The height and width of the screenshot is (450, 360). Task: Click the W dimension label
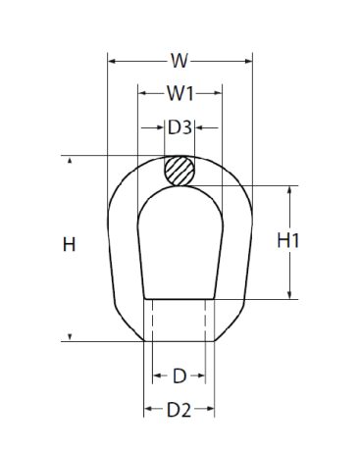180,61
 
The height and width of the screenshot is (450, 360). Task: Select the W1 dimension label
180,93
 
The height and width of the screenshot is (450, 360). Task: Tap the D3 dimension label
180,127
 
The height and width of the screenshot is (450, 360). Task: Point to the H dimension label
69,244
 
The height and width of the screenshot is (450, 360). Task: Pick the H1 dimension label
287,241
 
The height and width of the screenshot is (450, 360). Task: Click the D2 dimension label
179,410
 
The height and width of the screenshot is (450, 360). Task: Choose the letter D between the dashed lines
180,375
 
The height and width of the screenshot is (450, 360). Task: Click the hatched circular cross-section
180,171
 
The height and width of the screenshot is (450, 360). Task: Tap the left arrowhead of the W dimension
112,61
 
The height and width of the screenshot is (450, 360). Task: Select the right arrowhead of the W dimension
248,61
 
